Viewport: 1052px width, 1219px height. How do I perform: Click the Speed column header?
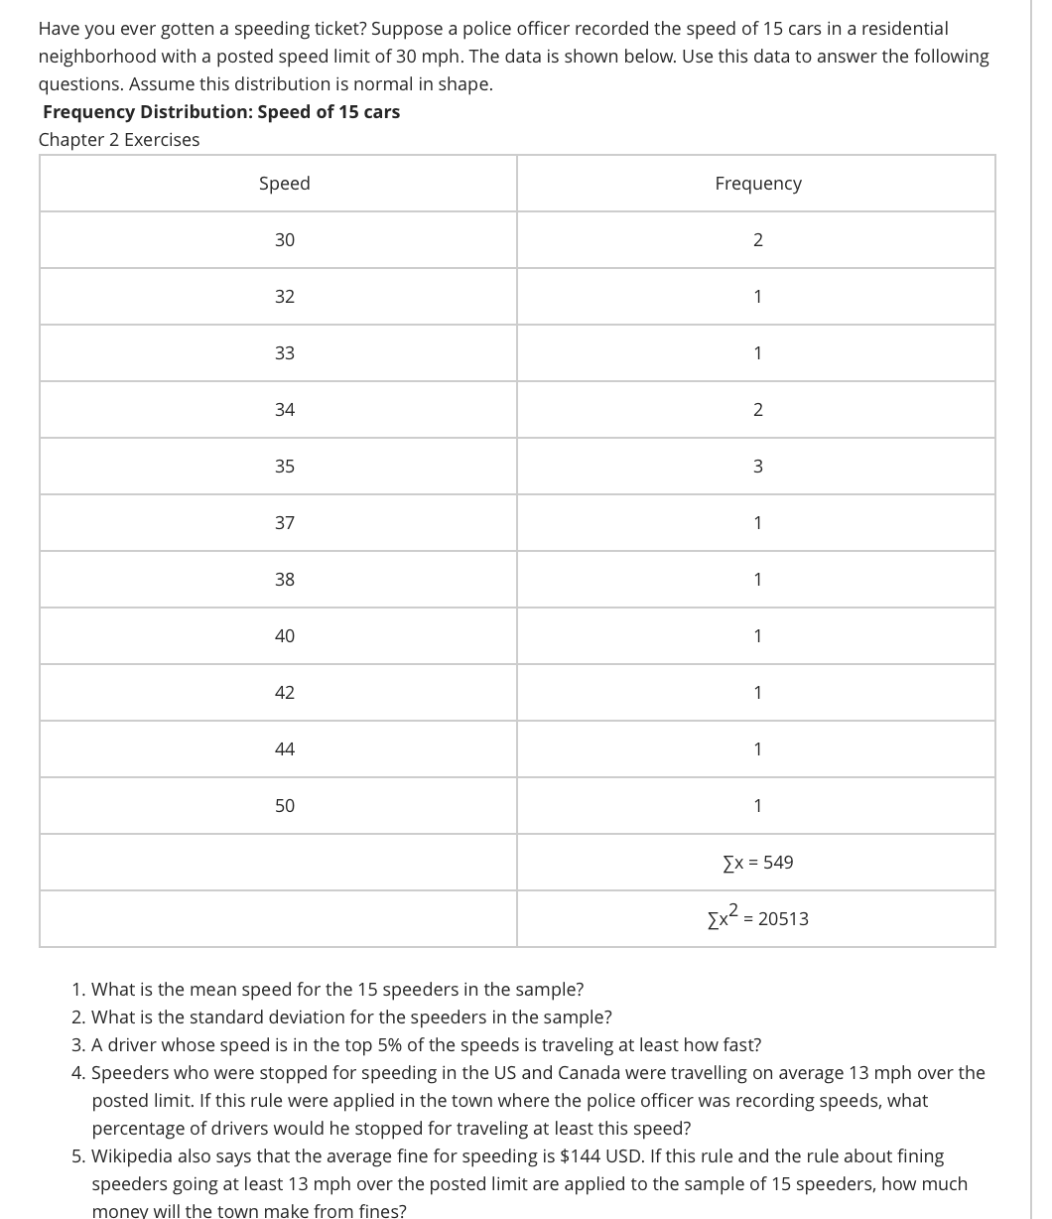click(284, 184)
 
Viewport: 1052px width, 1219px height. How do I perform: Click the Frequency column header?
click(757, 184)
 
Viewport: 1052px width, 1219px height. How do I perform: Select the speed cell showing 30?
click(284, 240)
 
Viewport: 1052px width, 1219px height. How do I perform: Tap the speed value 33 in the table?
click(284, 353)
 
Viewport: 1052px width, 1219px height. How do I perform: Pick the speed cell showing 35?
click(284, 467)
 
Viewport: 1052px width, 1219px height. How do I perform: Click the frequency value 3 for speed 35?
click(757, 467)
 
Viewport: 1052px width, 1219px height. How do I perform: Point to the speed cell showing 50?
click(284, 806)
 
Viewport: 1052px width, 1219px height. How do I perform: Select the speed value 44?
click(284, 749)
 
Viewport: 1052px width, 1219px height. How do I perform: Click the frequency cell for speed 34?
click(757, 410)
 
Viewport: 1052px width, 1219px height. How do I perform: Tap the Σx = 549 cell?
click(757, 863)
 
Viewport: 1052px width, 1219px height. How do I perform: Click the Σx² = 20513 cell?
click(757, 918)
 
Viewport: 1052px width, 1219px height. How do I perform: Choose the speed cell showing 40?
click(284, 636)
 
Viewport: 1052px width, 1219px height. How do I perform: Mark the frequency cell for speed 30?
click(757, 240)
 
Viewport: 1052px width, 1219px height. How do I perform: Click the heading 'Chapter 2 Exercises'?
click(119, 140)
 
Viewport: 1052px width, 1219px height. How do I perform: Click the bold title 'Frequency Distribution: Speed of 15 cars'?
click(221, 112)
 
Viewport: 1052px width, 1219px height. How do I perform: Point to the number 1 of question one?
click(77, 990)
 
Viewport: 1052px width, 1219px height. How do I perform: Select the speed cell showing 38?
click(284, 580)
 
